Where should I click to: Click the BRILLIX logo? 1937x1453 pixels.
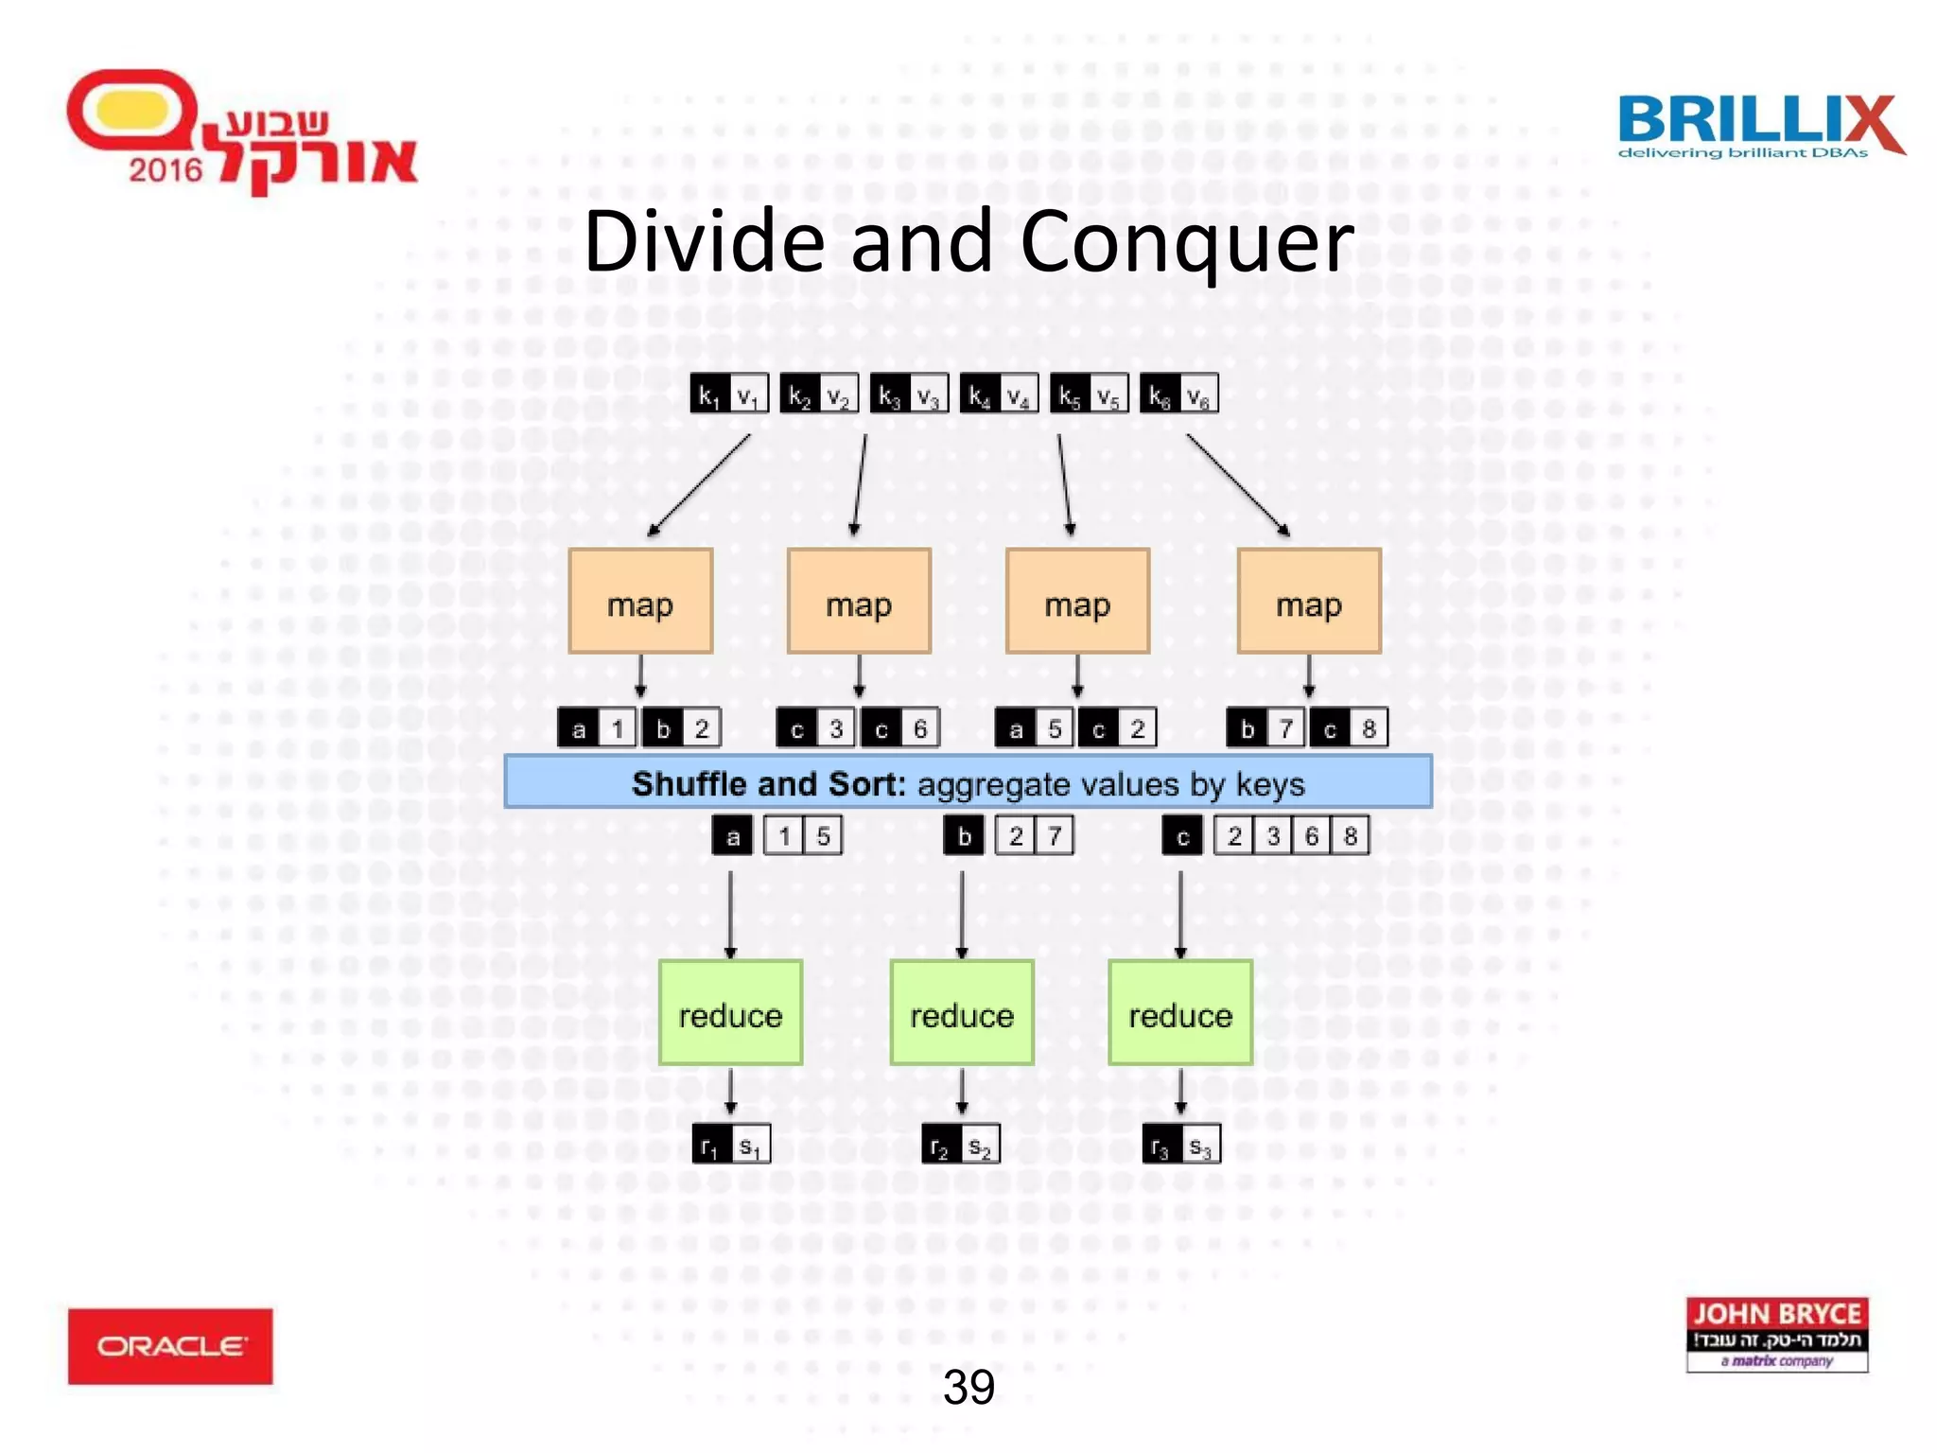(x=1759, y=125)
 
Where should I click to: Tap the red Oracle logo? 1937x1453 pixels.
(x=170, y=1345)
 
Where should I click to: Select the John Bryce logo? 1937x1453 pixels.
(x=1776, y=1334)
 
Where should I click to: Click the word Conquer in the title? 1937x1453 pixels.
(x=1186, y=242)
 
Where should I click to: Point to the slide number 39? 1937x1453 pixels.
(x=968, y=1388)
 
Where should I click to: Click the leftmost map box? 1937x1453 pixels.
(x=640, y=602)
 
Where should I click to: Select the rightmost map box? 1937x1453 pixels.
(x=1309, y=602)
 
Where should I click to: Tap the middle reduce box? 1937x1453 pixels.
(x=961, y=1013)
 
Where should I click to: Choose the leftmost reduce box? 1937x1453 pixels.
(x=730, y=1013)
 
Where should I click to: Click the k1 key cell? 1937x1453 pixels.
(x=709, y=394)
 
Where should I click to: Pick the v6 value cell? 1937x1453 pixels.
(x=1198, y=394)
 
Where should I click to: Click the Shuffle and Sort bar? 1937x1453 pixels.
(x=968, y=782)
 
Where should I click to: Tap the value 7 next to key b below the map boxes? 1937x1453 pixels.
(x=1285, y=728)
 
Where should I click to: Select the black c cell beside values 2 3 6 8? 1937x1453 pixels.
(x=1182, y=836)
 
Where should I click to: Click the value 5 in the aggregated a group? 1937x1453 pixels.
(x=823, y=836)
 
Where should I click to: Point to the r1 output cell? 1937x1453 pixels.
(x=711, y=1146)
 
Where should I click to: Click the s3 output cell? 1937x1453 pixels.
(x=1200, y=1146)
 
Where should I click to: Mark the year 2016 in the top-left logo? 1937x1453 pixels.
(x=166, y=170)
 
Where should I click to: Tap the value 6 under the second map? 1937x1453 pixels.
(x=919, y=728)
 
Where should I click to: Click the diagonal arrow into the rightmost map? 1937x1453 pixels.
(x=1237, y=484)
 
